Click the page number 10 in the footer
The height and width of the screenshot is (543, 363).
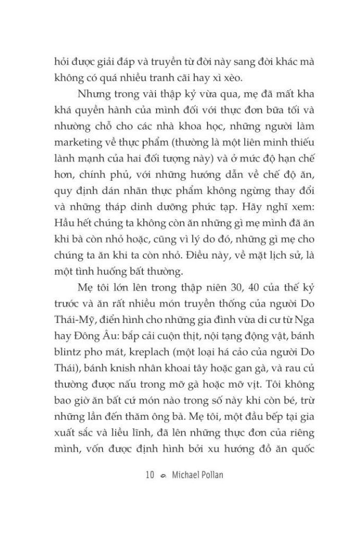pos(149,475)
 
